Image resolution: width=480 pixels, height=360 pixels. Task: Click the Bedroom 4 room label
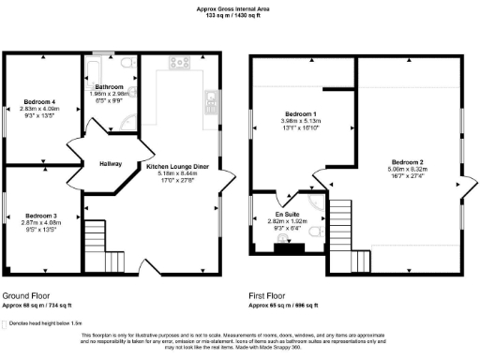tap(39, 101)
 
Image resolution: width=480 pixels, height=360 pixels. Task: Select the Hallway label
tap(110, 164)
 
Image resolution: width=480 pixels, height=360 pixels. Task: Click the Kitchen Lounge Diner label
tap(178, 166)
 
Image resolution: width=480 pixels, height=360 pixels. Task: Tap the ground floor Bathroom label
tap(110, 86)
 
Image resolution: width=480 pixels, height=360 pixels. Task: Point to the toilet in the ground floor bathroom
tap(127, 63)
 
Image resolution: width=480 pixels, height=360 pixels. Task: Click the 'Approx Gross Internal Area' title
tap(238, 8)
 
